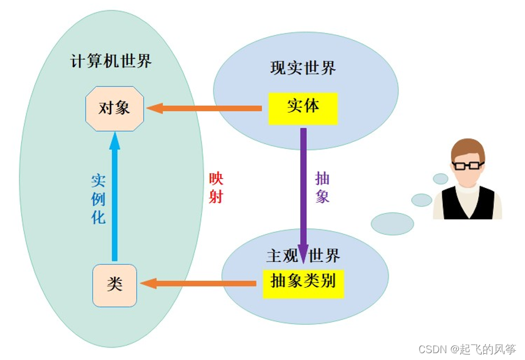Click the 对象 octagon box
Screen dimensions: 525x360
tap(115, 108)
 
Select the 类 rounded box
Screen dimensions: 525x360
tap(115, 285)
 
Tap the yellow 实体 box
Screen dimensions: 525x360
tap(303, 109)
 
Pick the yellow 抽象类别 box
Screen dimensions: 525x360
tap(303, 284)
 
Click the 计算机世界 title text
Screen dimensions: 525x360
tap(111, 61)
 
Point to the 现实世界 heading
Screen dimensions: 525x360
tap(303, 68)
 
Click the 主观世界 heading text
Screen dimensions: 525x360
tap(303, 256)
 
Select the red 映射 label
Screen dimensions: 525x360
tap(216, 188)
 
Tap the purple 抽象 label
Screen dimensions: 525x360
tap(322, 187)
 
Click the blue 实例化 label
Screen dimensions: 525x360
tap(99, 199)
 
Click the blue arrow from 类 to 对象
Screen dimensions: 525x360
tap(115, 196)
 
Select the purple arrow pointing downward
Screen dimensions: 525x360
tap(303, 196)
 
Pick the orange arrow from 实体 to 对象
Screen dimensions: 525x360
tap(204, 108)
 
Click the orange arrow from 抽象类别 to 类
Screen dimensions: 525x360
tap(198, 283)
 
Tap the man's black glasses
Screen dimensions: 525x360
tap(468, 165)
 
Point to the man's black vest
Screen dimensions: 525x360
tap(468, 203)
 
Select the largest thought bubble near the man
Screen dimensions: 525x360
tap(392, 224)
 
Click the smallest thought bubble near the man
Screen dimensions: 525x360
tap(441, 179)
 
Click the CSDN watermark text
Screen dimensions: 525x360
tap(467, 349)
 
